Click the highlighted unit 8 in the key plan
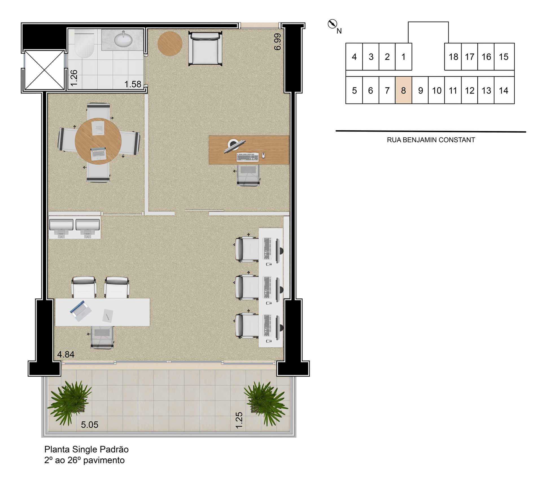tap(403, 90)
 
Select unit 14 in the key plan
tap(504, 90)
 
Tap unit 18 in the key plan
tap(453, 57)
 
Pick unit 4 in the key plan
tap(354, 57)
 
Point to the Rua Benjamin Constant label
tap(431, 140)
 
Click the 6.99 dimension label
tap(278, 42)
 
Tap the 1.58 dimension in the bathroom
tap(133, 84)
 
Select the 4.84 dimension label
tap(66, 354)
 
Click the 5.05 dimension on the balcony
tap(89, 425)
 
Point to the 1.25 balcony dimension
tap(239, 420)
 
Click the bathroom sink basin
tap(123, 39)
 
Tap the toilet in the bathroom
tap(84, 44)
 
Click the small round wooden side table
tap(170, 43)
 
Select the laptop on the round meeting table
tap(98, 153)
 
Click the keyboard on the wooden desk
tap(248, 157)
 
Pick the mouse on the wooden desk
tap(263, 155)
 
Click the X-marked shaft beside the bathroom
tap(44, 70)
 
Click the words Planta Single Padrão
tap(86, 449)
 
